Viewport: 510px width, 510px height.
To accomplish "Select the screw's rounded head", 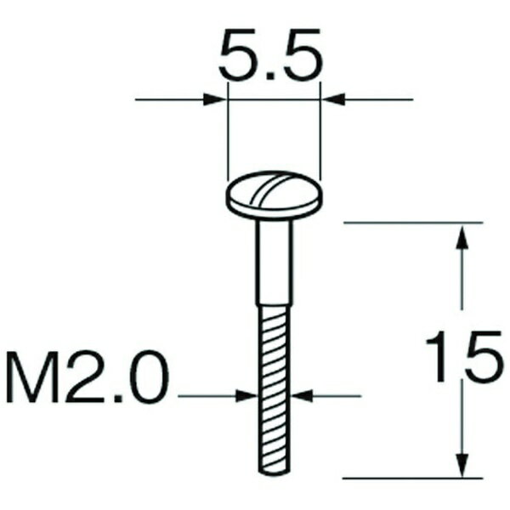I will (x=274, y=196).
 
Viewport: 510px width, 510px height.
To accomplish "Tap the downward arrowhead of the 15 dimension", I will (x=461, y=464).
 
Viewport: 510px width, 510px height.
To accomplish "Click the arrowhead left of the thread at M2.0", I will (x=247, y=395).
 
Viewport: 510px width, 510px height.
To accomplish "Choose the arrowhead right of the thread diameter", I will (x=302, y=395).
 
